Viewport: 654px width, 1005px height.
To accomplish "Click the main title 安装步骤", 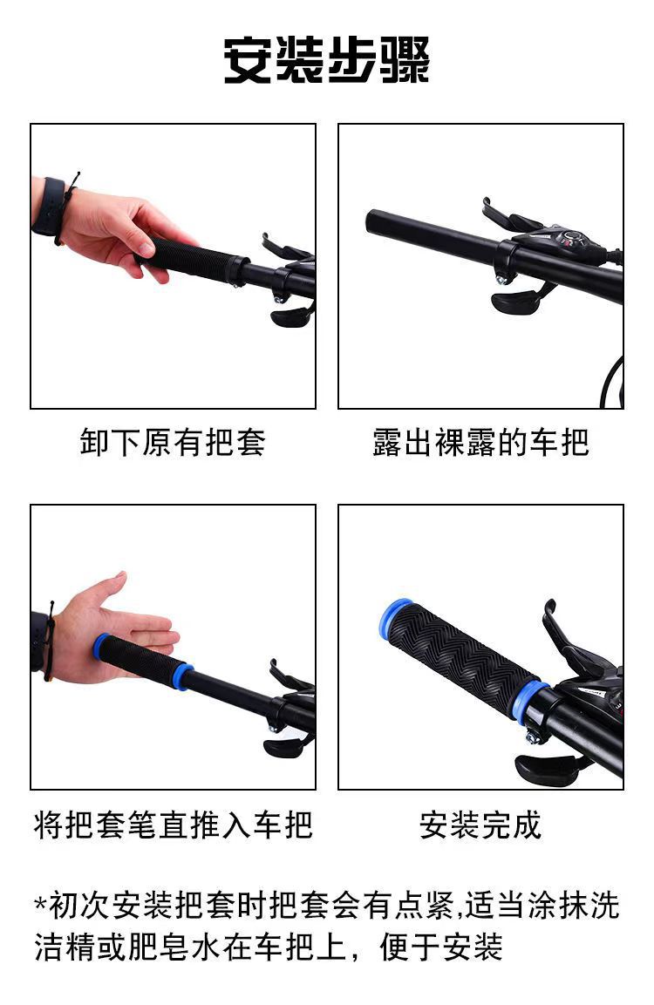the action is tap(326, 59).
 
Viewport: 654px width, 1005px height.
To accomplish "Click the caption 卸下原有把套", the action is tap(173, 442).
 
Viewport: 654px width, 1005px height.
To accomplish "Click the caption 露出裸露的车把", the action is tap(480, 442).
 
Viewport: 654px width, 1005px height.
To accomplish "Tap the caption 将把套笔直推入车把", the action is tap(173, 825).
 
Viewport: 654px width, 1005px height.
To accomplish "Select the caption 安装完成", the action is tap(480, 825).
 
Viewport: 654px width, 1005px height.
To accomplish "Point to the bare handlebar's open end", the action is tap(371, 221).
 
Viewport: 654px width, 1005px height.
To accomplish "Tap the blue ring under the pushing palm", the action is tap(100, 647).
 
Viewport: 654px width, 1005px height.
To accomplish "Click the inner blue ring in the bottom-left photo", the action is tap(183, 677).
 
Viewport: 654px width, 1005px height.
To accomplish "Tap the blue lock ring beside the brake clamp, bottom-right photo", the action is tap(532, 701).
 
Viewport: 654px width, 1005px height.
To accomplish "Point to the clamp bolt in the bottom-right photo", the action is tap(533, 737).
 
